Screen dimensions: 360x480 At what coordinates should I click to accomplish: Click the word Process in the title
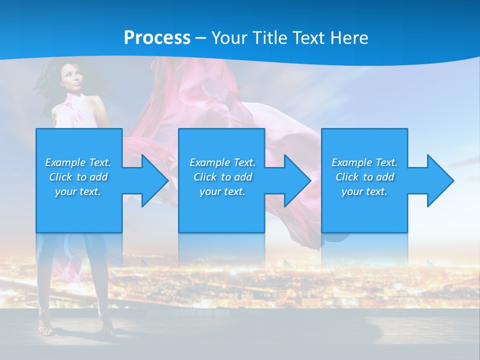pos(157,38)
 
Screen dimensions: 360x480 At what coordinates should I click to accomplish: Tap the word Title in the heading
pos(268,38)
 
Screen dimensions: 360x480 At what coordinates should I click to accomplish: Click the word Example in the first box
pos(65,162)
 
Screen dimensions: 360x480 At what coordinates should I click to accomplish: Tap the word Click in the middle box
pos(204,177)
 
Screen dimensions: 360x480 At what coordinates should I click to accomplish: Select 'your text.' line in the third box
pos(364,191)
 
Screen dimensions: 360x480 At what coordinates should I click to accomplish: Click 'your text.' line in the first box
pos(78,191)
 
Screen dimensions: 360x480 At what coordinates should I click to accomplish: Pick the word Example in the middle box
pos(209,162)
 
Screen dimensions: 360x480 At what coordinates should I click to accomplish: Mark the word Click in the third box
pos(346,177)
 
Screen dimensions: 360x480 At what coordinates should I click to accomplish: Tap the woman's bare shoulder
pos(95,102)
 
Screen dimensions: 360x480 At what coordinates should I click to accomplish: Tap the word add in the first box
pos(98,177)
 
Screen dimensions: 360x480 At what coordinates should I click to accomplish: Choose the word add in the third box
pos(385,177)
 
